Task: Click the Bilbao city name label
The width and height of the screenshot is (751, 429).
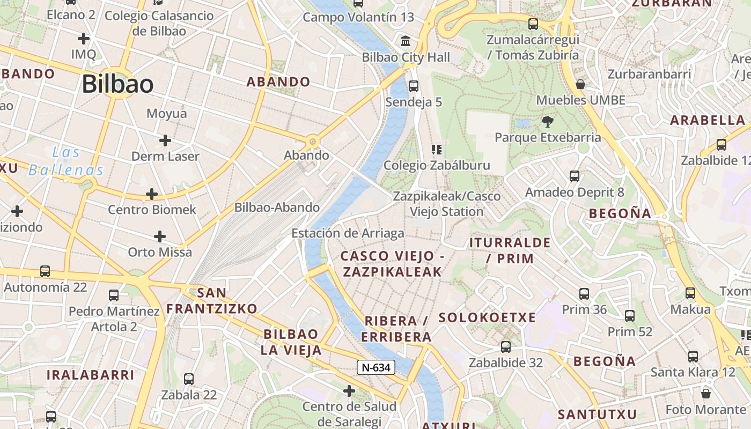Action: pos(117,84)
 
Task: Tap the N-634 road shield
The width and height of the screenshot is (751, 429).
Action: pos(376,367)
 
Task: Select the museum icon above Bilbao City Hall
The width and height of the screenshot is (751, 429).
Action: pos(406,41)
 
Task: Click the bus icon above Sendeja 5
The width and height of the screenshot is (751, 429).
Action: pos(413,86)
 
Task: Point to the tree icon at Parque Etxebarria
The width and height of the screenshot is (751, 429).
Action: pos(548,121)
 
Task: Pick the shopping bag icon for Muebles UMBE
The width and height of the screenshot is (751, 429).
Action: pos(580,84)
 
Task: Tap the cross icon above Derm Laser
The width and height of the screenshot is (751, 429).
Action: pos(165,140)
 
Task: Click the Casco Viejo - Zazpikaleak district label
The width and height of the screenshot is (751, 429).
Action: pos(393,264)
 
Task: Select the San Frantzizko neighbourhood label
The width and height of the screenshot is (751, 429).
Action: pos(212,301)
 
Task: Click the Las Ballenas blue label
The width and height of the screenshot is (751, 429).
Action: pos(66,161)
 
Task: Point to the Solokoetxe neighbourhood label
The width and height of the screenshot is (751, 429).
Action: pos(487,317)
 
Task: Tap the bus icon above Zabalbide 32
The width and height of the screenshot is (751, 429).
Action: pos(505,347)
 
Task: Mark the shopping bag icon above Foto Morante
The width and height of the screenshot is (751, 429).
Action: pos(706,393)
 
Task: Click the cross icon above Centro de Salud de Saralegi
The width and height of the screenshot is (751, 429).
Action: pos(349,390)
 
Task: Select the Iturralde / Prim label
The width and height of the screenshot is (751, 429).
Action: pos(510,250)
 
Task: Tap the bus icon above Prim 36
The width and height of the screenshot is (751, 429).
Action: pos(584,294)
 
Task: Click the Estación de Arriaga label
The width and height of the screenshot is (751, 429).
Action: pos(348,233)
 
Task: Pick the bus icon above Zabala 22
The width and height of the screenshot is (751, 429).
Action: pos(189,379)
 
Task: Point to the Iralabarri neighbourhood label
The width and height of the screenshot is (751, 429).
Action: pos(90,375)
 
